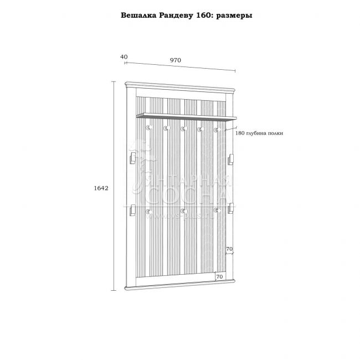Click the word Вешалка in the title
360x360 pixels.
coord(139,16)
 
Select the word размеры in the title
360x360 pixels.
coord(234,16)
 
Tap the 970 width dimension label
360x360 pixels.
coord(175,60)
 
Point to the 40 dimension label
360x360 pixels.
coord(124,57)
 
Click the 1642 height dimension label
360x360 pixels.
coord(100,188)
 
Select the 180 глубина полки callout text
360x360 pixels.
coord(259,133)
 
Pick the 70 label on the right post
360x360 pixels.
coord(229,249)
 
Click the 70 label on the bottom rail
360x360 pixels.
coord(219,276)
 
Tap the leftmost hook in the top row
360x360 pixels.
coord(148,128)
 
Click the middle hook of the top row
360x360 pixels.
coord(182,129)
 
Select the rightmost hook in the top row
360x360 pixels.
coord(218,130)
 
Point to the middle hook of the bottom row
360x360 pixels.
coord(182,212)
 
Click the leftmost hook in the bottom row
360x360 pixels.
coord(148,211)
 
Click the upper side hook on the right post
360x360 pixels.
coord(230,158)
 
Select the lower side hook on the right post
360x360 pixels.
coord(230,208)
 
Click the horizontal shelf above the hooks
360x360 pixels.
coord(186,116)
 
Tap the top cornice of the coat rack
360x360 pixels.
coord(181,87)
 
